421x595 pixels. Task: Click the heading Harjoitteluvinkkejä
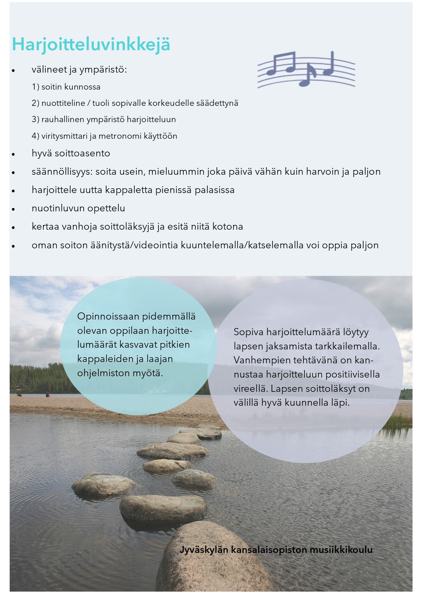91,45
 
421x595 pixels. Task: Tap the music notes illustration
306,69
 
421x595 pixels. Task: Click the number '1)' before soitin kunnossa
36,87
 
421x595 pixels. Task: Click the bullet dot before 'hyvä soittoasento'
14,154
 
